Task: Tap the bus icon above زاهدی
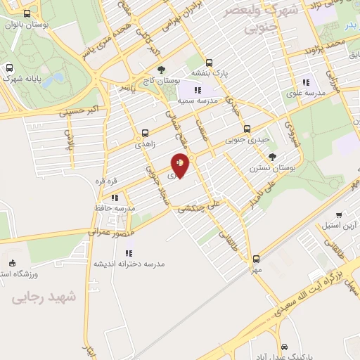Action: [146, 132]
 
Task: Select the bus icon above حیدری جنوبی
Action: [247, 129]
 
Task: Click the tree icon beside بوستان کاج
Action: [161, 70]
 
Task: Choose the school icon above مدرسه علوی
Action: [305, 82]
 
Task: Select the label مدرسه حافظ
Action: [114, 209]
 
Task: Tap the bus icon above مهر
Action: [256, 259]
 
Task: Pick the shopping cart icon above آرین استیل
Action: [339, 215]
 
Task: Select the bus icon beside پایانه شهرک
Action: [10, 68]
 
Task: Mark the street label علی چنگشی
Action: [198, 207]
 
